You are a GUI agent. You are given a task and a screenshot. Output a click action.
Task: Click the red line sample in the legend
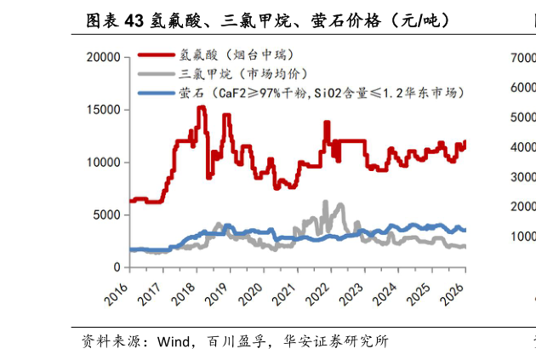coord(154,54)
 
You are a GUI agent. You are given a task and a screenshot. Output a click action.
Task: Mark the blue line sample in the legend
coord(154,91)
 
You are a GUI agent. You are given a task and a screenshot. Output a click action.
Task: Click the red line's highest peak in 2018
coord(201,107)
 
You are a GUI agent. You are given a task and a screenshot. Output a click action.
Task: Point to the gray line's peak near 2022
coord(325,203)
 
